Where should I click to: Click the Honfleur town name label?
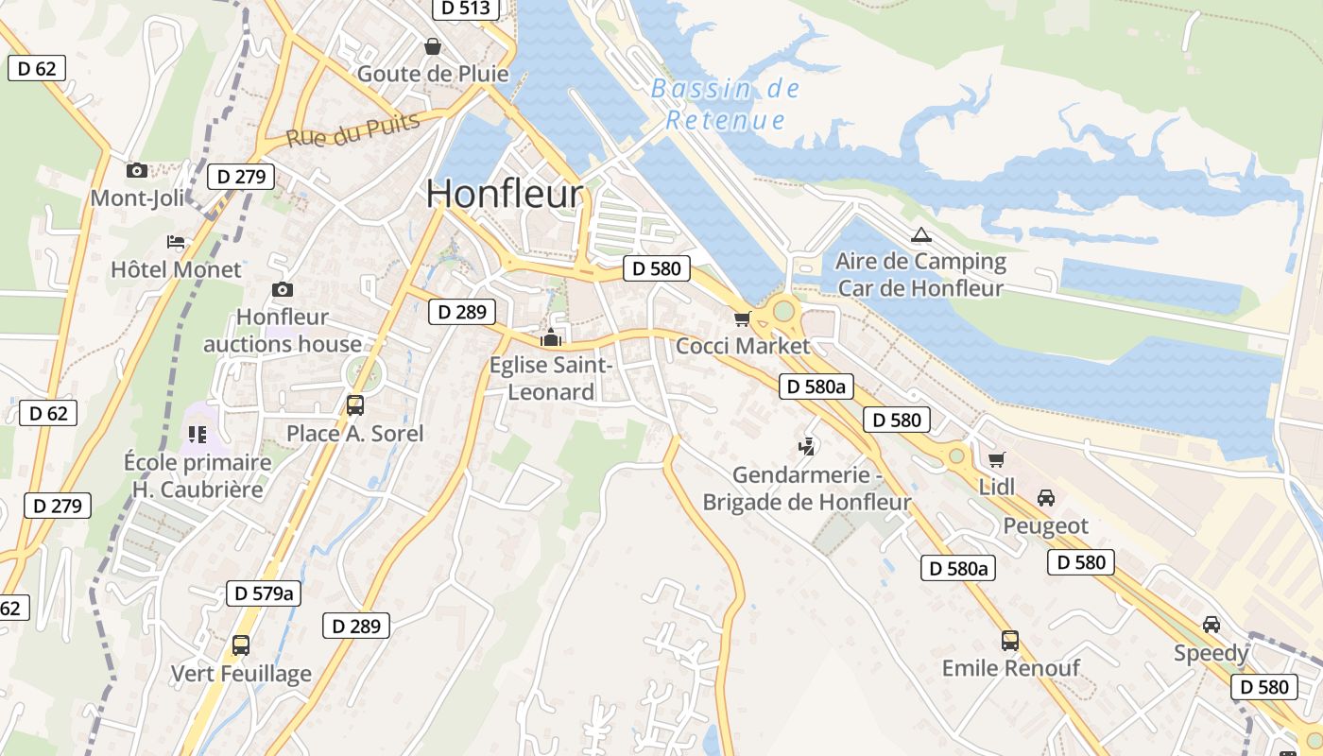[x=505, y=194]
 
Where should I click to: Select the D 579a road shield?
[x=265, y=593]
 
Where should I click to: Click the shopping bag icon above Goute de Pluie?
[x=433, y=46]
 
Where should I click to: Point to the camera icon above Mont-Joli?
[x=137, y=170]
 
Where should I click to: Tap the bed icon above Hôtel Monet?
[x=176, y=242]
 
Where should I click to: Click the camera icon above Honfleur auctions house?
[x=282, y=289]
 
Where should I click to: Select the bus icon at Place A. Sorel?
[x=355, y=405]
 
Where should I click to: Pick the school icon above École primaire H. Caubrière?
[x=197, y=434]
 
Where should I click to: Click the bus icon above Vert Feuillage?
[x=241, y=645]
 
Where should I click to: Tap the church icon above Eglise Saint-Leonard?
[x=551, y=336]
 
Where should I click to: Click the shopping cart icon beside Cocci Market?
[x=742, y=319]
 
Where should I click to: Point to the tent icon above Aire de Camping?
[x=920, y=234]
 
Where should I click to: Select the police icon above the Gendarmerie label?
[x=807, y=445]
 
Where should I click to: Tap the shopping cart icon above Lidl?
[x=996, y=459]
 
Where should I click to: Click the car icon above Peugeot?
[x=1045, y=497]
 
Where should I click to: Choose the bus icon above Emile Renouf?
[x=1010, y=641]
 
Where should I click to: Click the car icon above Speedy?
[x=1211, y=625]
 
